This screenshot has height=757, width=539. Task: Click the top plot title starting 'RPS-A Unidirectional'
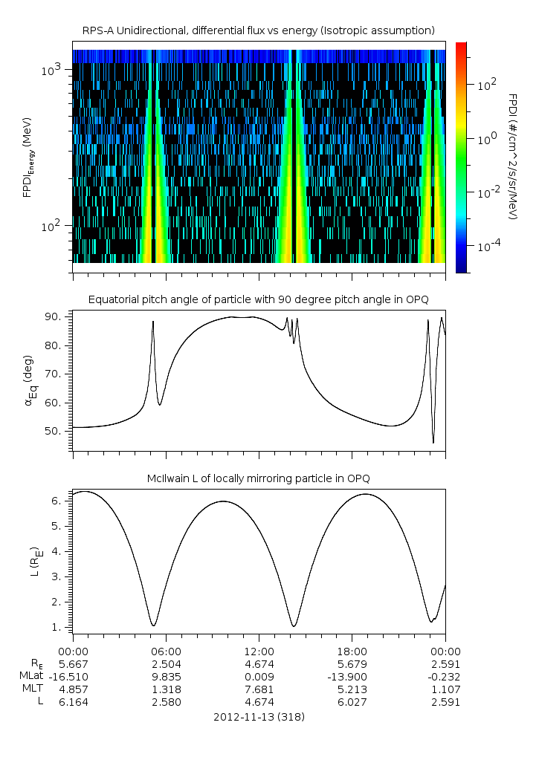(258, 30)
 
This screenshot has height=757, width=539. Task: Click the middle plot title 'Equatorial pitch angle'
(258, 299)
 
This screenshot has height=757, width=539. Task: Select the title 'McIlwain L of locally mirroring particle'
(258, 478)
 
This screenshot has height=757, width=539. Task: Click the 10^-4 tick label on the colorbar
(488, 245)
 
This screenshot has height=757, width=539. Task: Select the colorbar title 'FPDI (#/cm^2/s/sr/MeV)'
(513, 156)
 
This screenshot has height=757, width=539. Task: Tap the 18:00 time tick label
(352, 651)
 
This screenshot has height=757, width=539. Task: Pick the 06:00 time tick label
(166, 651)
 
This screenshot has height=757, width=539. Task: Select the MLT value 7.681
(259, 689)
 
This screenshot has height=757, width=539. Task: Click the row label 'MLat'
(33, 676)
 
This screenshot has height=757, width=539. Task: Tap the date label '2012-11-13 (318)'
(259, 717)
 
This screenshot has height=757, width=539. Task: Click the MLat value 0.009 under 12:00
(259, 676)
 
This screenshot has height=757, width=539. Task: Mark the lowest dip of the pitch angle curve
(433, 443)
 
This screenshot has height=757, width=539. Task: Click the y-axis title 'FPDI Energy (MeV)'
(28, 156)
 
